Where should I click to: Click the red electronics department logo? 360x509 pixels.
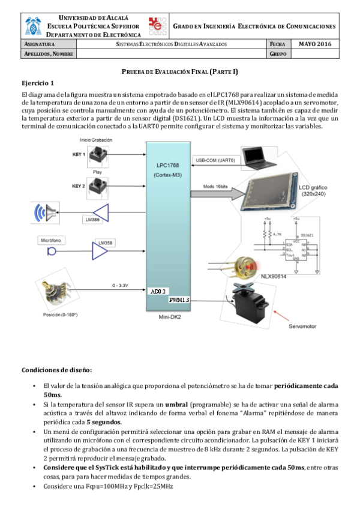pyautogui.click(x=158, y=26)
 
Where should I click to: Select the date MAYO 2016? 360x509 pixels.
pyautogui.click(x=315, y=44)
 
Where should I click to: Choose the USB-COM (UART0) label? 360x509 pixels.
pyautogui.click(x=215, y=160)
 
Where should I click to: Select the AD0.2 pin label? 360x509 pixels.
pyautogui.click(x=158, y=291)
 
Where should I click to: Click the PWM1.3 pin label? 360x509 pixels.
pyautogui.click(x=179, y=299)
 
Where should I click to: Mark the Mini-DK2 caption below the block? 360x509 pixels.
pyautogui.click(x=170, y=316)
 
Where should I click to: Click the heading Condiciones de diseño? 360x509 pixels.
pyautogui.click(x=57, y=369)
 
